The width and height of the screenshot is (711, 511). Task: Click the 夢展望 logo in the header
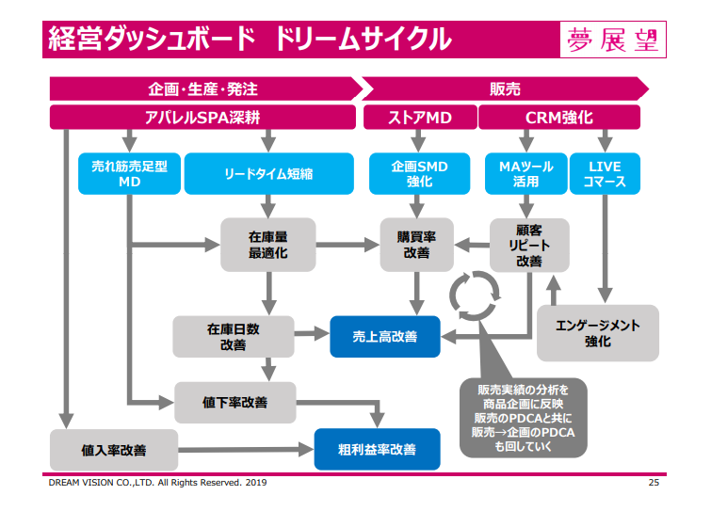[x=613, y=40]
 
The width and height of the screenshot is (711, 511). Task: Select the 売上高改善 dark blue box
[x=385, y=337]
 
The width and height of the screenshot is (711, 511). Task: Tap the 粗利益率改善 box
[x=377, y=449]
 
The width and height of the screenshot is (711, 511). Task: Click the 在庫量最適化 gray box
[x=268, y=245]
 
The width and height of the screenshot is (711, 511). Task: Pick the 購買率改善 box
[x=417, y=245]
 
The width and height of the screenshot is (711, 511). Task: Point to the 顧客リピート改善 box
[x=529, y=245]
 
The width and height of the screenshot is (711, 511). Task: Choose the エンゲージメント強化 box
[x=598, y=333]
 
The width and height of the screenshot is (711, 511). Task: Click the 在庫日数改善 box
[x=233, y=337]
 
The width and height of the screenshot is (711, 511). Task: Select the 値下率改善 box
[x=234, y=402]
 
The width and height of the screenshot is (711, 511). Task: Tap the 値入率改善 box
[x=114, y=450]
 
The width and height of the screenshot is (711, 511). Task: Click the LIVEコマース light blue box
[x=605, y=173]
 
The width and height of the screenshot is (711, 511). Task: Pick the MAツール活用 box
[x=526, y=173]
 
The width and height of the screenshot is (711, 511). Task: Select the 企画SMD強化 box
[x=419, y=173]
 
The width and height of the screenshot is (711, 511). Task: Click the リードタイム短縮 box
[x=269, y=173]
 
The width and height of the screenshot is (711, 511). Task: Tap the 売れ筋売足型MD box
[x=129, y=173]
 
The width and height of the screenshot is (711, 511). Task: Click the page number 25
[x=654, y=483]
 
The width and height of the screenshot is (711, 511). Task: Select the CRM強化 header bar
[x=559, y=118]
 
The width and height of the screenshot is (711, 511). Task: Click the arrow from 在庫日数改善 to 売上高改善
[x=312, y=334]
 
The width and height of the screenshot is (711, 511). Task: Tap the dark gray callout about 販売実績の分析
[x=524, y=418]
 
